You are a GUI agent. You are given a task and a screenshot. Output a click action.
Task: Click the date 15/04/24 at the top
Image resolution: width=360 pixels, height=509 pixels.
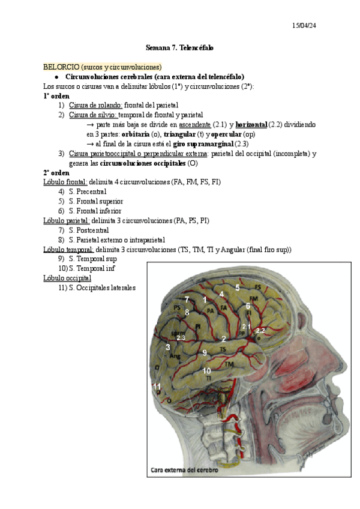click(305, 25)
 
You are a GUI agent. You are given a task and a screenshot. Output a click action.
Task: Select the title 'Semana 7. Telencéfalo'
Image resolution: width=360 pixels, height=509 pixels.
click(180, 47)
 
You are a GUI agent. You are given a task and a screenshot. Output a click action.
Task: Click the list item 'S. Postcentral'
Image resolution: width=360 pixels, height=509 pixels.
click(89, 230)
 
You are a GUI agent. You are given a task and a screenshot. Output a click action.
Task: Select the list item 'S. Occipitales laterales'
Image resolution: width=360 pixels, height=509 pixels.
click(103, 288)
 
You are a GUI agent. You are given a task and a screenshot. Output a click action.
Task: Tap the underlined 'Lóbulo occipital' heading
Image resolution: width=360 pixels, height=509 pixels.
click(67, 278)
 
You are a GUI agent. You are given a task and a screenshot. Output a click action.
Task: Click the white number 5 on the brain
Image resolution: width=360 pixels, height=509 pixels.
click(238, 288)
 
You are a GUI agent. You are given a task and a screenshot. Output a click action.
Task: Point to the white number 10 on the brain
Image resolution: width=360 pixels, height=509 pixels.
click(206, 370)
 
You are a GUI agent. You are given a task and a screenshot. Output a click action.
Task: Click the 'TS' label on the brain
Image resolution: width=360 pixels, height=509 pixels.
click(223, 349)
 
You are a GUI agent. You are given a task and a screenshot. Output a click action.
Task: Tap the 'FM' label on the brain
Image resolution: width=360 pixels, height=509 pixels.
click(254, 298)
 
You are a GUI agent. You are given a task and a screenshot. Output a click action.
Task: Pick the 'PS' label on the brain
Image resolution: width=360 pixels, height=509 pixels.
click(177, 307)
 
